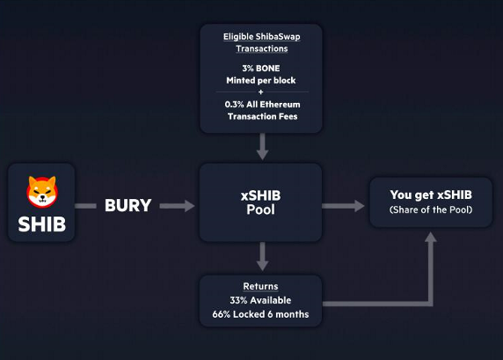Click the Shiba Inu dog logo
(x=42, y=192)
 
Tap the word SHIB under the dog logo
(x=42, y=224)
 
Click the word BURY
(x=128, y=206)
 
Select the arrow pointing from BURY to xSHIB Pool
(x=177, y=206)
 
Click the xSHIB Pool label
(x=260, y=202)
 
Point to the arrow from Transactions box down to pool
(x=262, y=146)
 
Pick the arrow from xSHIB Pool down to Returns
(x=262, y=256)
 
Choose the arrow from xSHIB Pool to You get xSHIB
(x=343, y=206)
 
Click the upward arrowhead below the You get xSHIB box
(x=431, y=238)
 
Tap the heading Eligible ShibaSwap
(x=262, y=37)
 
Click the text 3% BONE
(x=261, y=69)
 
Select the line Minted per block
(x=261, y=80)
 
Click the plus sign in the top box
(x=261, y=92)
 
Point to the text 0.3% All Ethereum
(x=262, y=105)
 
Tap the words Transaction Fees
(x=262, y=116)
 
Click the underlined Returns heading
(x=260, y=286)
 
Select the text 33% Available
(x=260, y=300)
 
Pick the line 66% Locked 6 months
(x=260, y=314)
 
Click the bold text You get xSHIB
(x=431, y=195)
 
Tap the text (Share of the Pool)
(x=431, y=209)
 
